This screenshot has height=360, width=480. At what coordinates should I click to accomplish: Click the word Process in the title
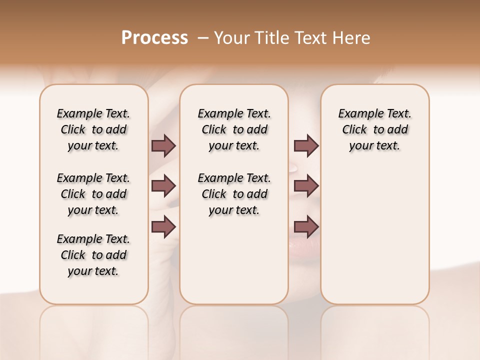tap(154, 38)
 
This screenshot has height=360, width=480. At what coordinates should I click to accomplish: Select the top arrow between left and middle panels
tap(163, 145)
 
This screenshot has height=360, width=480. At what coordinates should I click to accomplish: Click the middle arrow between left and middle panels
tap(163, 186)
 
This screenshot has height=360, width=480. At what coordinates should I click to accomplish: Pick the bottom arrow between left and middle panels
tap(163, 226)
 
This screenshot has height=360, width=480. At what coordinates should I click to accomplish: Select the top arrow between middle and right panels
tap(306, 145)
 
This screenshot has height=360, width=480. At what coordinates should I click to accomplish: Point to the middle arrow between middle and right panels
tap(306, 186)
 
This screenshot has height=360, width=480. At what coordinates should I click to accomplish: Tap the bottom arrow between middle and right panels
tap(306, 226)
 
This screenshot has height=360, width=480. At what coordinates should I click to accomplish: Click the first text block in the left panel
tap(93, 129)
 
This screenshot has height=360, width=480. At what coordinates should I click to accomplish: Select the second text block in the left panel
tap(93, 194)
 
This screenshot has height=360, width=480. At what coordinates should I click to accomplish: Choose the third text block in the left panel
tap(93, 255)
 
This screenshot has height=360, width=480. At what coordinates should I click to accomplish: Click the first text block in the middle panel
tap(234, 129)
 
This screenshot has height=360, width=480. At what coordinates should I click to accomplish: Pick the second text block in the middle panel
tap(234, 194)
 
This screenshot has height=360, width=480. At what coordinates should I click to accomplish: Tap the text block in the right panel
tap(375, 129)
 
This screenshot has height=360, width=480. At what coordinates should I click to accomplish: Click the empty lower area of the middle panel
tap(234, 260)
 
